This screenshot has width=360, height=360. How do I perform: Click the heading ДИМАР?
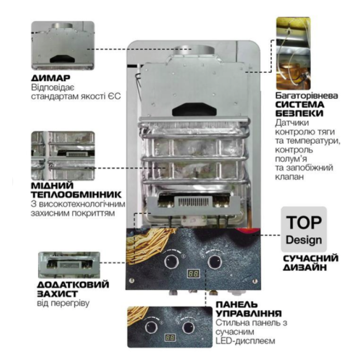coord(50,78)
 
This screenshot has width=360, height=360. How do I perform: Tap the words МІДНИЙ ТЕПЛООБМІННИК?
coord(76,190)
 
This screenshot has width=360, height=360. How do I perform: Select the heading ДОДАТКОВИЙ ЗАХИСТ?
coord(73,289)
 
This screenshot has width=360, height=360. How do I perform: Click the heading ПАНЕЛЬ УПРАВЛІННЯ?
coord(249,309)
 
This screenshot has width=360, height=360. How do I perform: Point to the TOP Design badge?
coord(304,229)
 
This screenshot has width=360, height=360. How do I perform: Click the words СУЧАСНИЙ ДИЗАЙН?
coord(310,263)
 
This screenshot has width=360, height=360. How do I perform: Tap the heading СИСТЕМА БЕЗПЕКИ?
coord(300,109)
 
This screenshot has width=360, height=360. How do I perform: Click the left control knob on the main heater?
coord(171,261)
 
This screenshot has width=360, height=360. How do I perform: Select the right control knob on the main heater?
coord(215,261)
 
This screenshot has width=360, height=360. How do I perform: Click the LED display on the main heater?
coord(193,274)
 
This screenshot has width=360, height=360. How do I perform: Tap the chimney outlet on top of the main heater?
coord(194,50)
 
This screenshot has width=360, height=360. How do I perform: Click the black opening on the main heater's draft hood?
coord(194,109)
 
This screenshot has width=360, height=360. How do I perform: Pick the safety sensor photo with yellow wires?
coord(293,53)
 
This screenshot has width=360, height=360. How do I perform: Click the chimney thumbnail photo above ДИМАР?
coord(63,45)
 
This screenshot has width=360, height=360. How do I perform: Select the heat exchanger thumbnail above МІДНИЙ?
coord(63,156)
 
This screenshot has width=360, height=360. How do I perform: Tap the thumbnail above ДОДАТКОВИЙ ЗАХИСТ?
coord(69,265)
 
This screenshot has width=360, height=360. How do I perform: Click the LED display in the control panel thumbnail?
coord(170,337)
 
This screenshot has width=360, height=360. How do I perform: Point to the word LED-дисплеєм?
coord(245,341)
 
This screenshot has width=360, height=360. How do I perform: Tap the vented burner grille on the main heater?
coord(193,202)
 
